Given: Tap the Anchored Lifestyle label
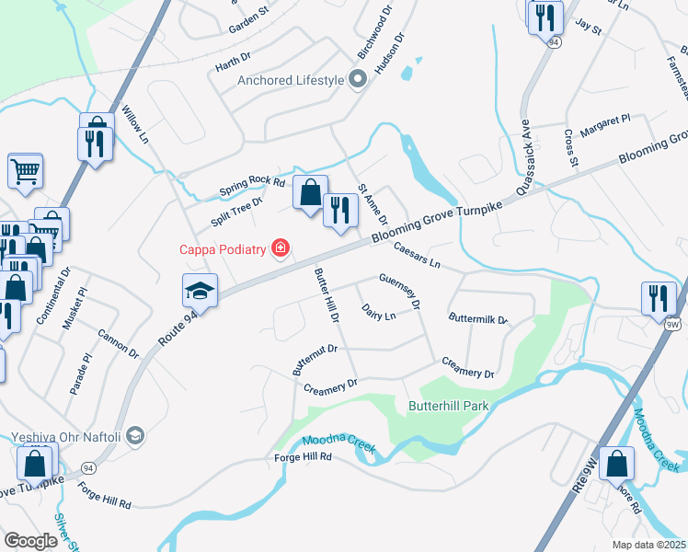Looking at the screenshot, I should pos(290,80).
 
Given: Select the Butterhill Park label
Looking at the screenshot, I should pos(448,405).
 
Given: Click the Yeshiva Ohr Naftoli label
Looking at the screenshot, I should pos(66,436).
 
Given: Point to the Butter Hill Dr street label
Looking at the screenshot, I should pos(327,294).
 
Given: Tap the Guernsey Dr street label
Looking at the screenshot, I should pos(400,290).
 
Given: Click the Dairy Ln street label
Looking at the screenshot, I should pos(378,313).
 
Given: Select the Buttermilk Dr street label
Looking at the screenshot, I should pos(478,319).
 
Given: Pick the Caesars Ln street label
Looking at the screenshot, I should pos(418,255).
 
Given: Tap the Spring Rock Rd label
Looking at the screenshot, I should pos(253,184).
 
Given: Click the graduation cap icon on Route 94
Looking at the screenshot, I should pos(200,291).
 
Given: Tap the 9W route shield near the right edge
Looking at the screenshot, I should pos(672,324).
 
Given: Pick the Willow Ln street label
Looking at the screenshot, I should pos(134,123).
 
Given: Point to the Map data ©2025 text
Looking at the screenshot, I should pos(649,545).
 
